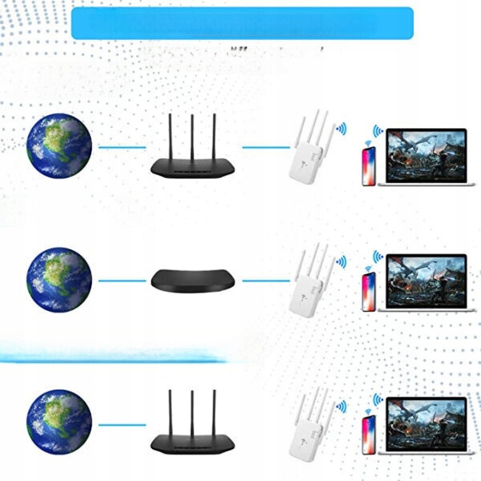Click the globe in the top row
[59, 146]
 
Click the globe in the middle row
[59, 280]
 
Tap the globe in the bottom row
[59, 417]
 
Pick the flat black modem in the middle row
[192, 279]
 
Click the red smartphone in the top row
[369, 166]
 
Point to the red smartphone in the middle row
[369, 290]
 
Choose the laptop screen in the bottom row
[426, 423]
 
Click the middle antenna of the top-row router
[192, 136]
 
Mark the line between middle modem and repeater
[265, 281]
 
